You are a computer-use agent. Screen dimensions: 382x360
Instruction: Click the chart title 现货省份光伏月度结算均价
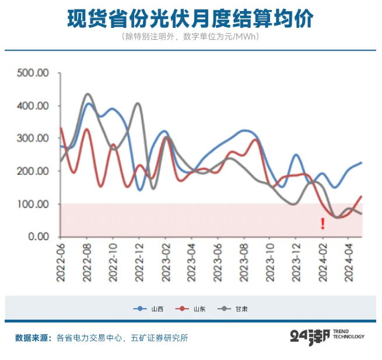(190, 19)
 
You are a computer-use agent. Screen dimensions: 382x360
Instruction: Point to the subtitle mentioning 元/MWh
(190, 37)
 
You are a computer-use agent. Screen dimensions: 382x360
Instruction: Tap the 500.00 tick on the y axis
(33, 73)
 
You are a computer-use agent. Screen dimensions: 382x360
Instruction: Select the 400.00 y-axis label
(33, 106)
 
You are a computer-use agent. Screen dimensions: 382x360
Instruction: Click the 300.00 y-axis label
(33, 138)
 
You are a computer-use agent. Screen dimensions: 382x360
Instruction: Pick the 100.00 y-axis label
(33, 204)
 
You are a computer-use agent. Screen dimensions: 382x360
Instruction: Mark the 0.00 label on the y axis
(38, 237)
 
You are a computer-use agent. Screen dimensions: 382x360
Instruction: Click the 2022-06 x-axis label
(61, 262)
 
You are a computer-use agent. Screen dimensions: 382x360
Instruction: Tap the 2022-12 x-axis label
(139, 262)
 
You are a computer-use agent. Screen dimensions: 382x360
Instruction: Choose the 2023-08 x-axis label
(244, 262)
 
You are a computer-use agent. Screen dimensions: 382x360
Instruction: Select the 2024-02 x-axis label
(323, 262)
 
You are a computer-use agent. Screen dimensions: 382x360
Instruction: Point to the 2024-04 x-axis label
(349, 262)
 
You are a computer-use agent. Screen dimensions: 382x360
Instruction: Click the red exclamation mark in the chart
(323, 224)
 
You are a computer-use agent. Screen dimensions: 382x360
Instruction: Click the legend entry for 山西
(148, 309)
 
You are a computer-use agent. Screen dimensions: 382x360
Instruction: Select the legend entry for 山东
(191, 309)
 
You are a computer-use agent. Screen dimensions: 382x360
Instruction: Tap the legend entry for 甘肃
(233, 309)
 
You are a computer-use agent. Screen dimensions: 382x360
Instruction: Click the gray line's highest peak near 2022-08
(87, 94)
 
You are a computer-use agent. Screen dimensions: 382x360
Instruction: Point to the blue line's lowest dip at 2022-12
(140, 190)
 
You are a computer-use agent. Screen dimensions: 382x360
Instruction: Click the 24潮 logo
(327, 337)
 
